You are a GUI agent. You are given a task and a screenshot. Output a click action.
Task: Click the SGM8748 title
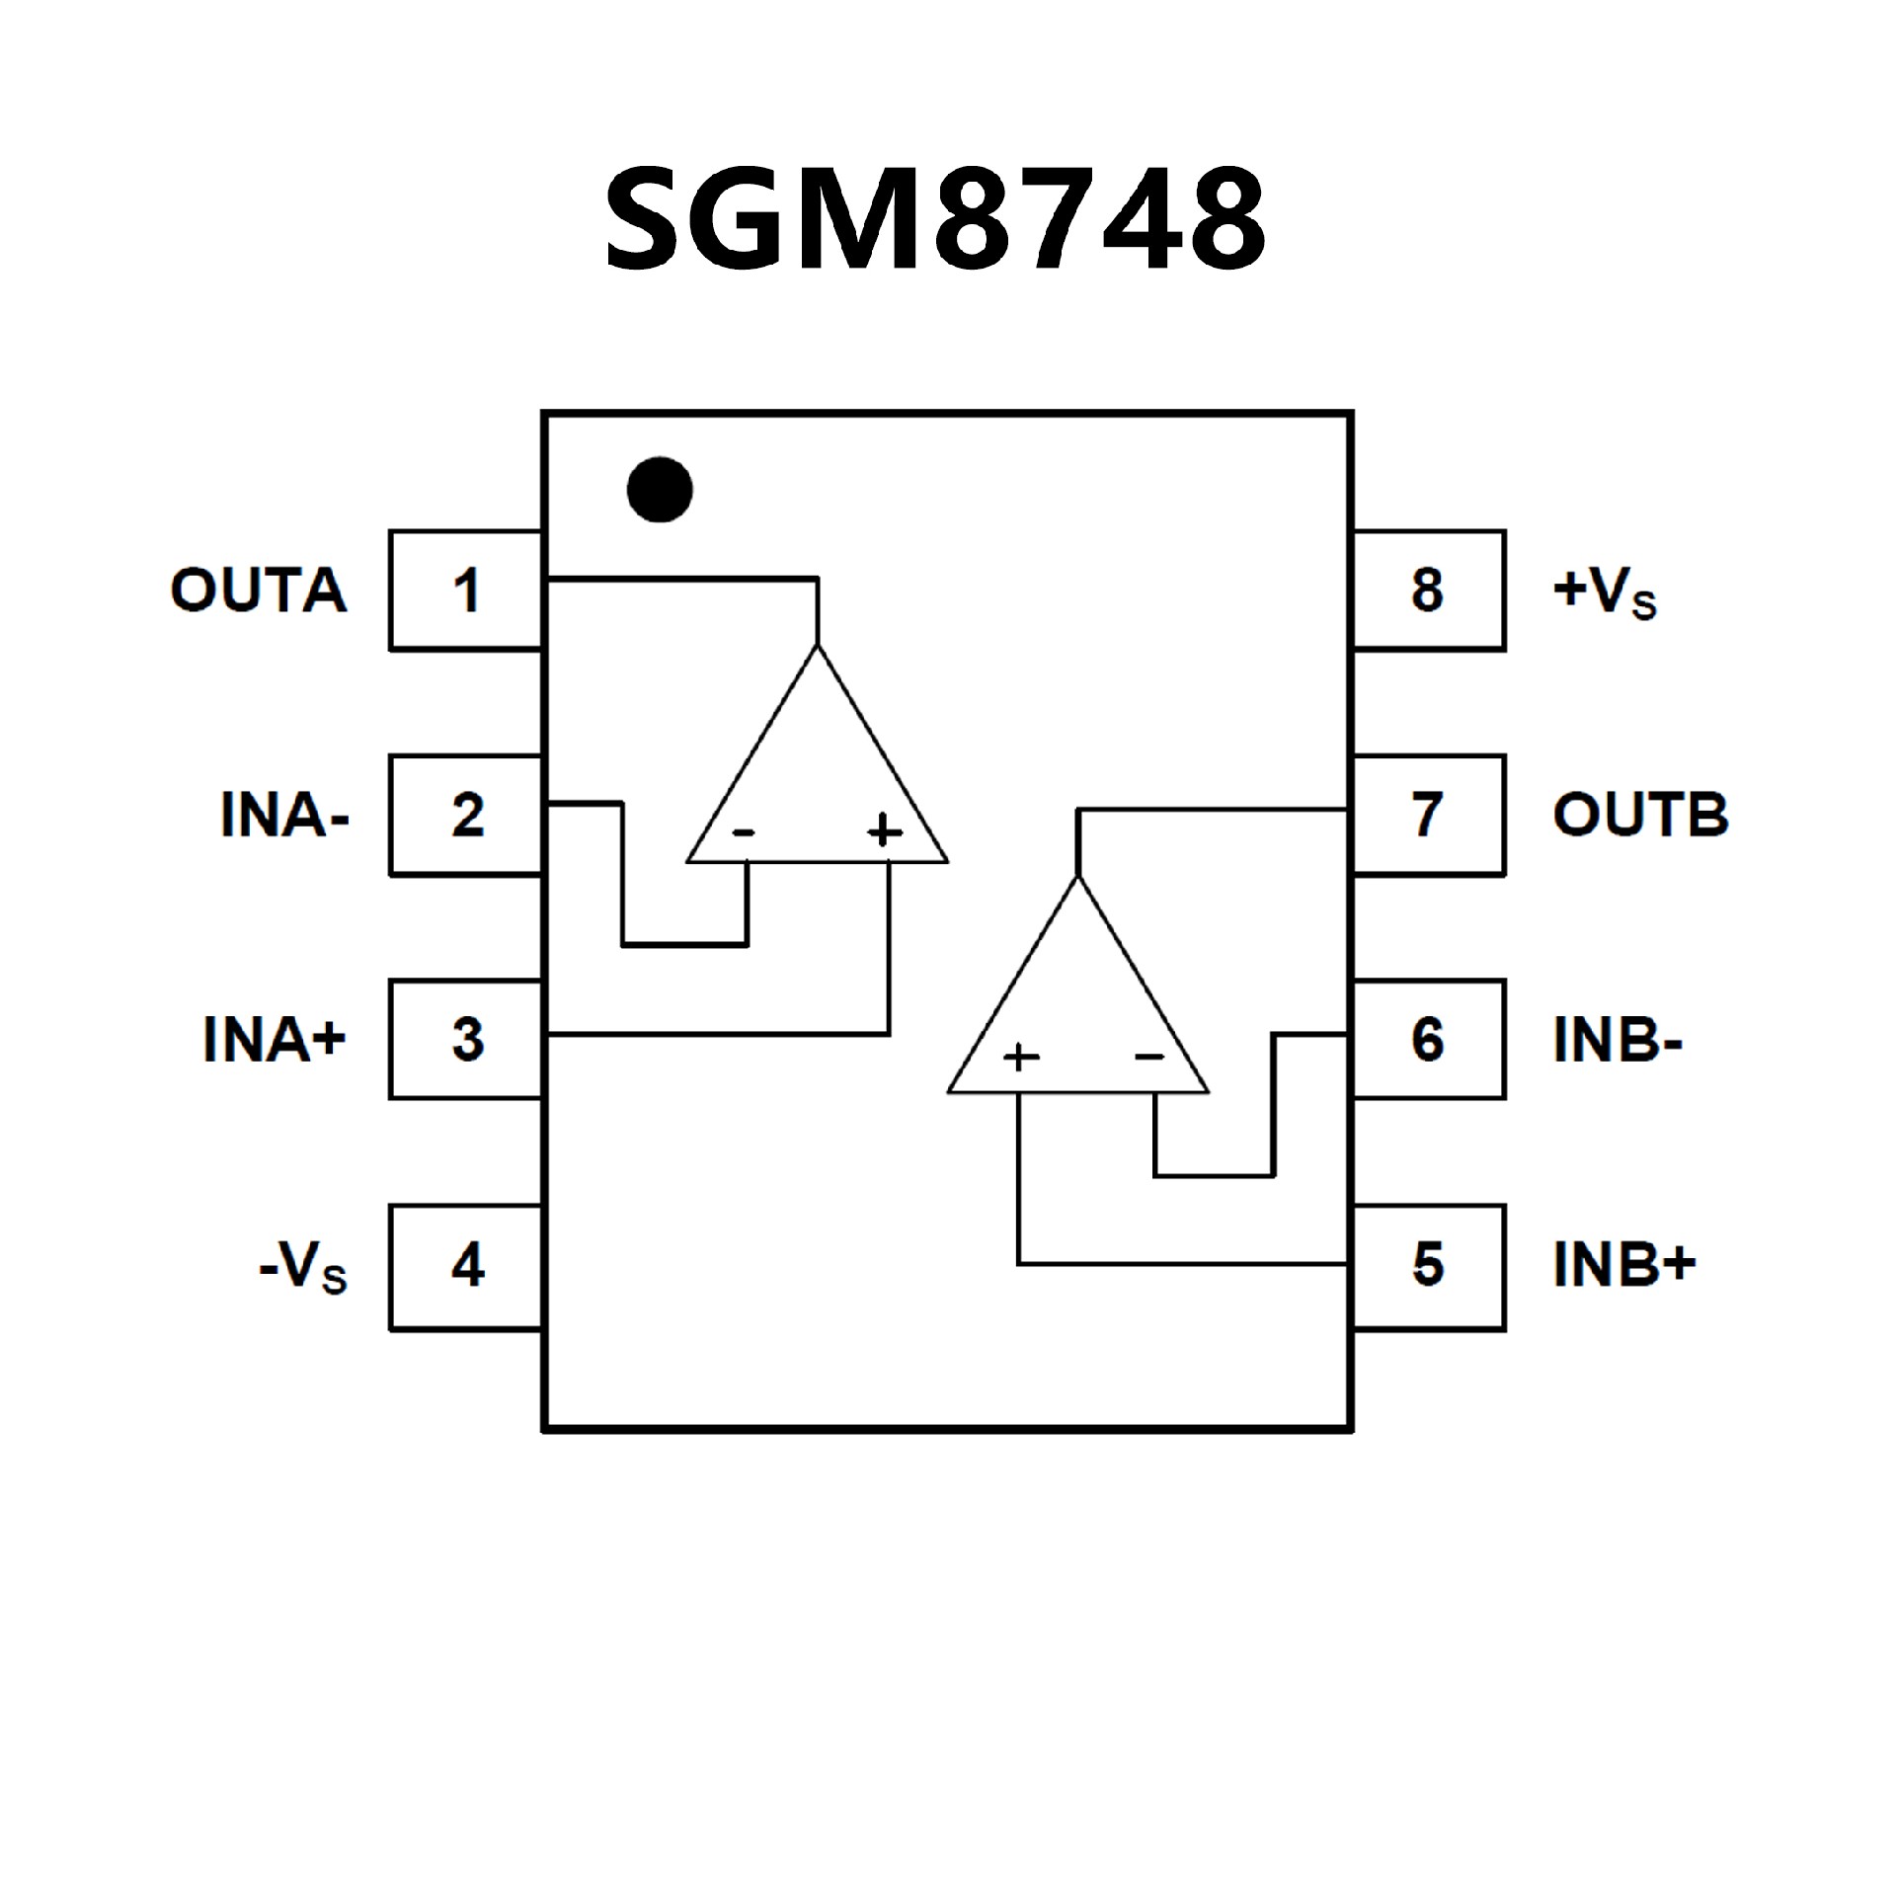click(935, 218)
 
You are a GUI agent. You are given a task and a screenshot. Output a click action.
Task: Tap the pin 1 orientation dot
click(660, 489)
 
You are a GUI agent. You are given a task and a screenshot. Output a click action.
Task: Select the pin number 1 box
click(466, 591)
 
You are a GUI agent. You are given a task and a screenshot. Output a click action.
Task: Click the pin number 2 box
click(466, 816)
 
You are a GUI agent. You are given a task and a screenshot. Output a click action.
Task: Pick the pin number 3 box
click(466, 1039)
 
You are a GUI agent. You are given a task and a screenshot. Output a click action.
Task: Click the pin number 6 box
click(1428, 1039)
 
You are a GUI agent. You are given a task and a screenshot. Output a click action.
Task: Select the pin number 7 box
click(1428, 816)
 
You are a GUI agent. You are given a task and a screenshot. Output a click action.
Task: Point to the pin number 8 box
click(1428, 591)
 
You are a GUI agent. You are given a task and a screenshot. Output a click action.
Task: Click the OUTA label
click(259, 591)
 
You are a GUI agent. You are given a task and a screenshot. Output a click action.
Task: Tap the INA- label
click(284, 816)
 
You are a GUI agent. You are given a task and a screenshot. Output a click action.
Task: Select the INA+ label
click(275, 1039)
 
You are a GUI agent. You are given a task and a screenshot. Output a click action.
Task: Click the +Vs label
click(1604, 592)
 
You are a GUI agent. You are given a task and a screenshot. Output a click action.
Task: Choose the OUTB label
click(1640, 816)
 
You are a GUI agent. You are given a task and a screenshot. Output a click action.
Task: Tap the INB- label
click(1618, 1040)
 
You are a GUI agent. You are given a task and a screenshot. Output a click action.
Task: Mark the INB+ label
click(1624, 1265)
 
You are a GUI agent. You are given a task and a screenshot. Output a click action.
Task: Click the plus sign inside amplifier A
click(885, 830)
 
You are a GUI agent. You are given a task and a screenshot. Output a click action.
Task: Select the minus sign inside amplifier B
click(1149, 1058)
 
